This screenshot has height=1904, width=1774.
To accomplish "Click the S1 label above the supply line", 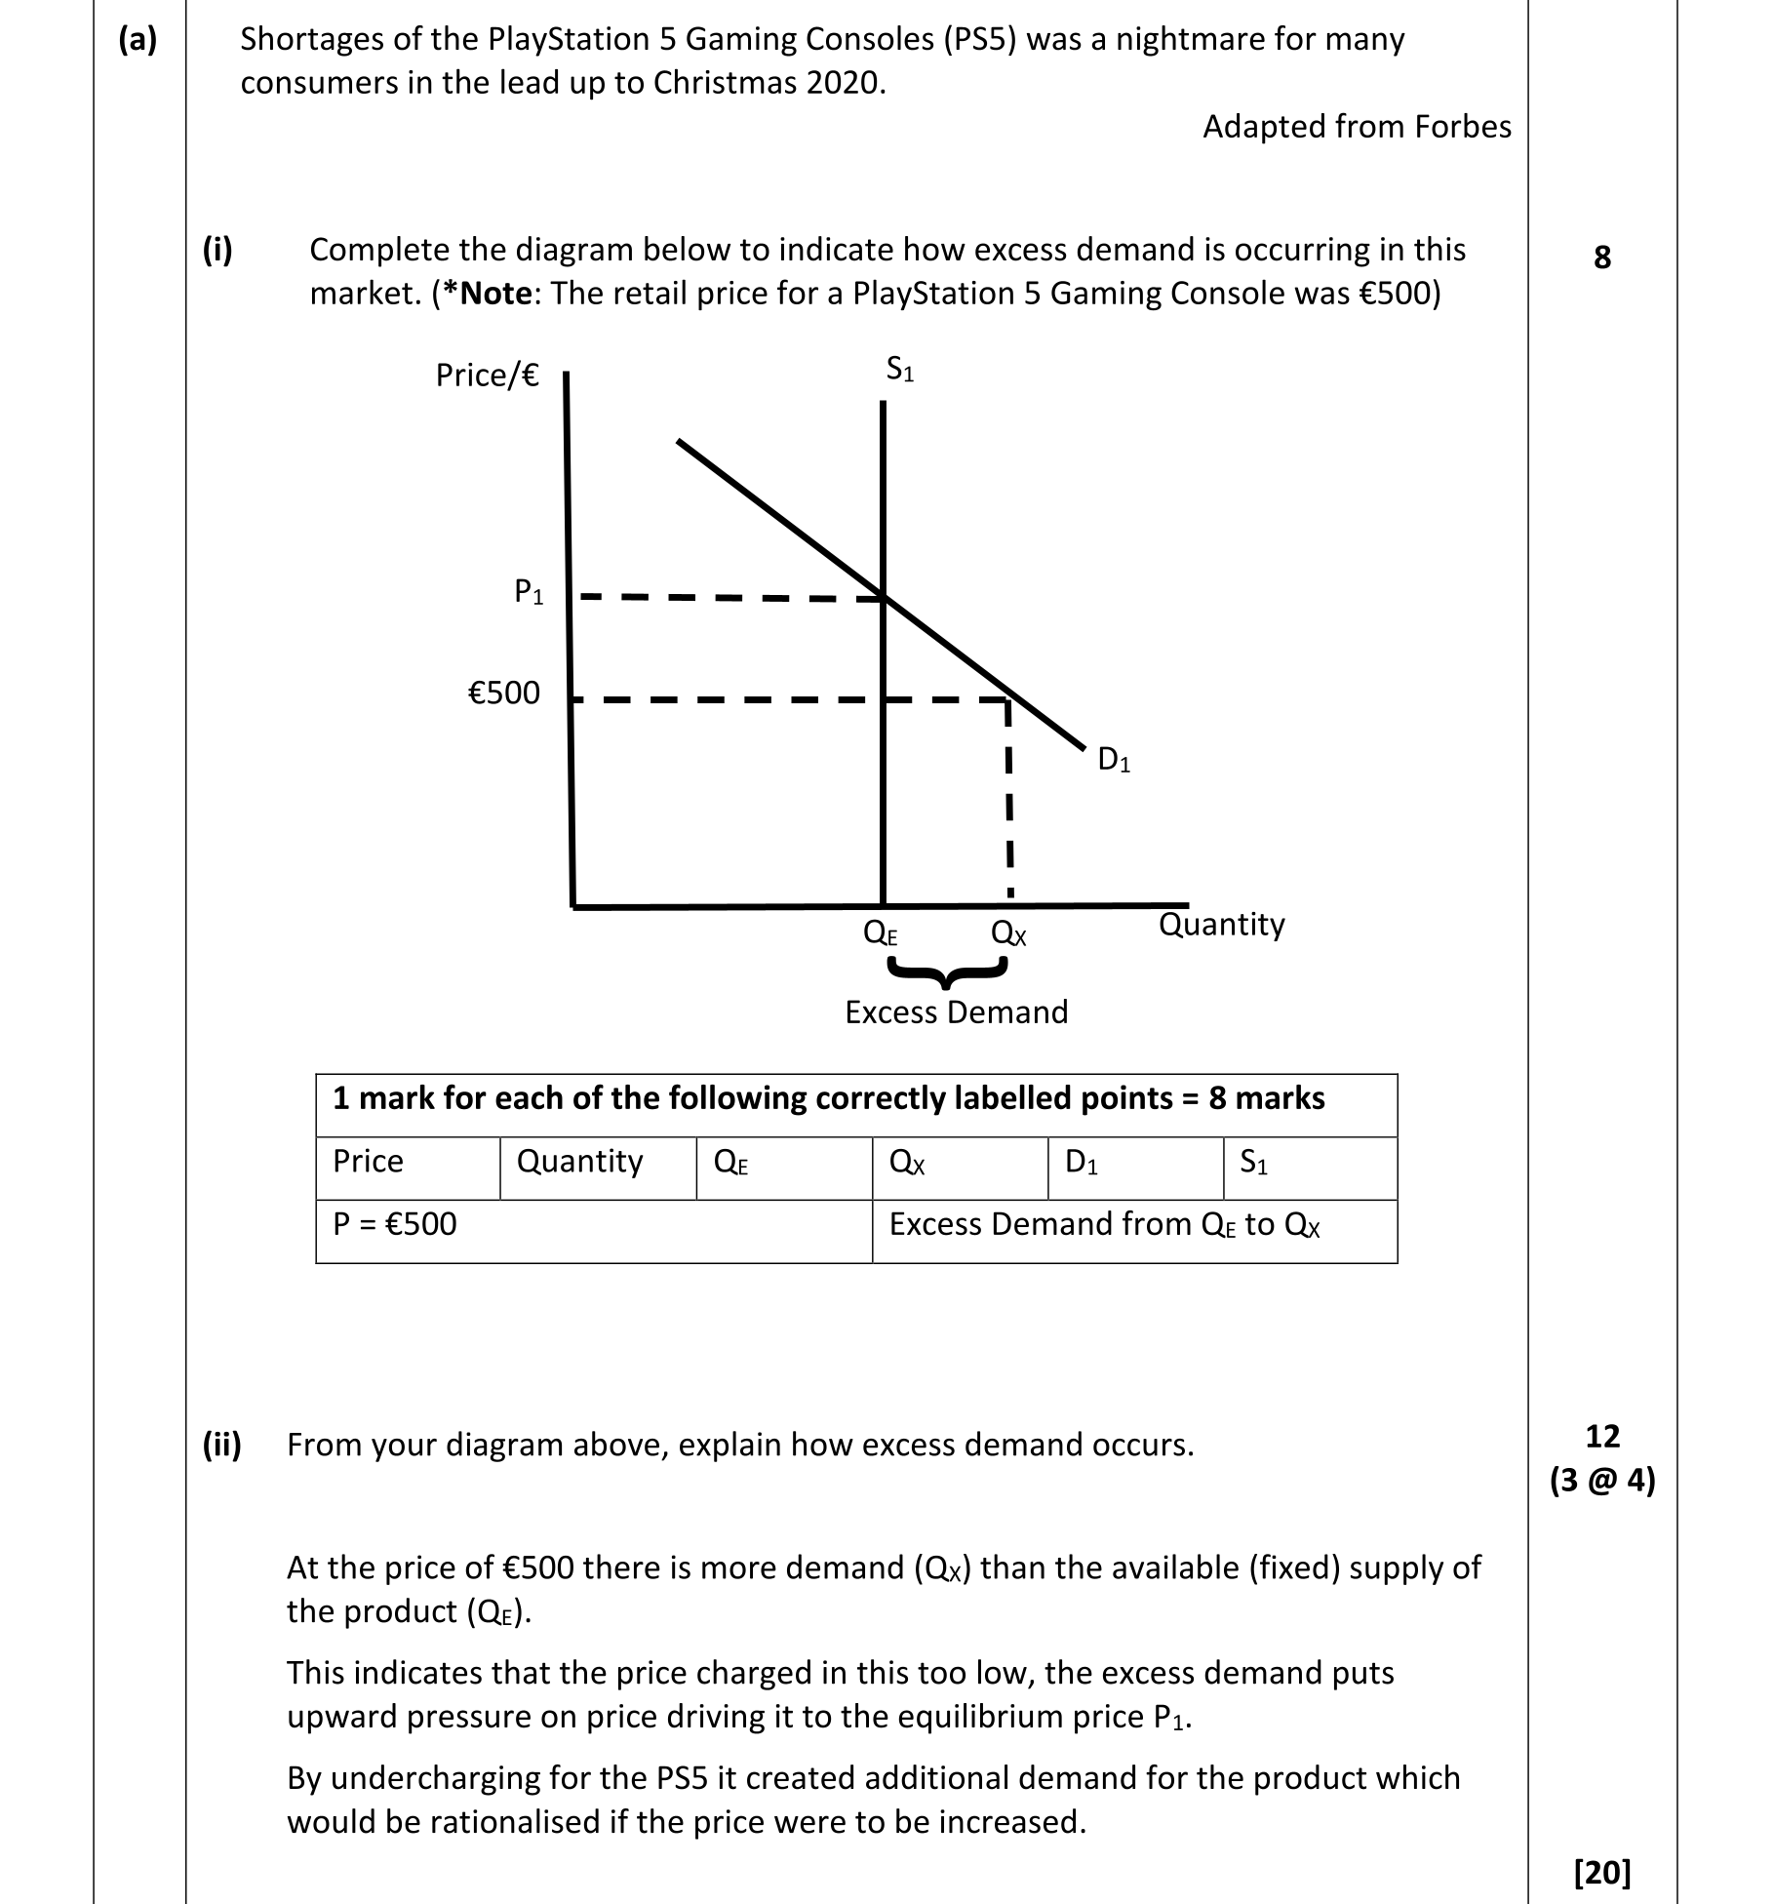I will pos(899,370).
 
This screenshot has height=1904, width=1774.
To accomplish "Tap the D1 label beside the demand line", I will pos(1114,759).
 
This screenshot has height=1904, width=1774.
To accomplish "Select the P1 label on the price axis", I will pos(529,591).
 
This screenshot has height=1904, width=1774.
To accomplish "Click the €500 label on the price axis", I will pos(503,693).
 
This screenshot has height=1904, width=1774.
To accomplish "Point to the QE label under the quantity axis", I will pos(881,933).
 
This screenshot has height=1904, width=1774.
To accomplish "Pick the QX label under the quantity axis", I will pos(1008,933).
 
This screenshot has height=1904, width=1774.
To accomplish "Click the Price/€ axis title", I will pos(487,375).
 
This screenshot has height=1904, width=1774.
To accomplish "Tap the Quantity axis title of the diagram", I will pos(1221,924).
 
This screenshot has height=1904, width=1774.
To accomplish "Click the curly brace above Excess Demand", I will pos(946,971).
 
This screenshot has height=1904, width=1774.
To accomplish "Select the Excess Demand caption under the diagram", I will pos(956,1011).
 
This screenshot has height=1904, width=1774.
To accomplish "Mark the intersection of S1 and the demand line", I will pos(884,597).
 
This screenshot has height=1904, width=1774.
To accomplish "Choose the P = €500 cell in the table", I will pos(395,1223).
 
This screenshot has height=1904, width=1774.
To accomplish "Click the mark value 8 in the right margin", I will pos(1601,258).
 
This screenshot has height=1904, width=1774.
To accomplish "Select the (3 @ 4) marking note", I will pos(1602,1481).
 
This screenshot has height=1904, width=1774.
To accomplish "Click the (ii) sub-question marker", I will pos(221,1444).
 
